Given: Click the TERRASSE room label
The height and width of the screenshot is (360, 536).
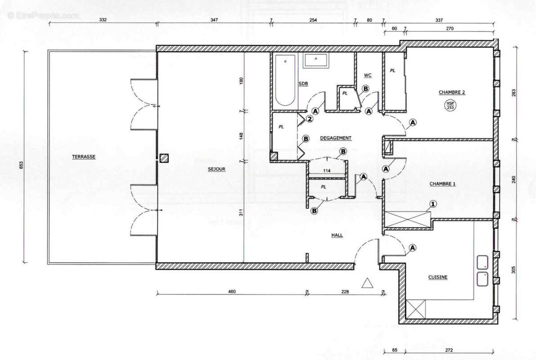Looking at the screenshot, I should tap(83, 157).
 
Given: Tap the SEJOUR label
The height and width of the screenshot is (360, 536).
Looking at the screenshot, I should tap(216, 169).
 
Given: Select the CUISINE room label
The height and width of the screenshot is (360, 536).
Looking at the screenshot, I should tap(438, 278).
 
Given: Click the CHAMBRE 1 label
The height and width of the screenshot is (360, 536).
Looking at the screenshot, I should tap(442, 184).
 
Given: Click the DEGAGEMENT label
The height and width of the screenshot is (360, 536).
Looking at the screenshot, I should tap(335, 138).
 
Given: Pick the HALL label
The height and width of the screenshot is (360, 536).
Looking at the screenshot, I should tap(337, 235).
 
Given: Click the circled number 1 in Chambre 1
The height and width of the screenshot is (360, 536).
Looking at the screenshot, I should tap(433, 204).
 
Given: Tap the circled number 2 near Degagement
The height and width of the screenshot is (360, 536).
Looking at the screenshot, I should tap(309, 119).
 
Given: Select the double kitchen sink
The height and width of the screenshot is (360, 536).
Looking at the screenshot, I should tap(482, 270).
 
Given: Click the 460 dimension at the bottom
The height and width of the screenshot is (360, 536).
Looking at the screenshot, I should tap(232, 292).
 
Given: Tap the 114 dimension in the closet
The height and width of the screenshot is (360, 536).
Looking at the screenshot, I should tap(327, 171).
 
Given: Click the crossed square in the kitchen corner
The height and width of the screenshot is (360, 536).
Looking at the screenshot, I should tap(415, 309).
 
